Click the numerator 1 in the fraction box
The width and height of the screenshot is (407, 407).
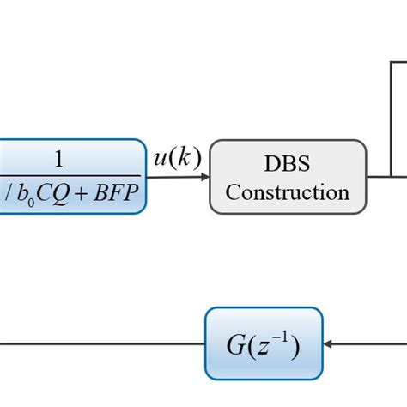(58, 159)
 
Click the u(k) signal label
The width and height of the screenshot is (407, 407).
(177, 158)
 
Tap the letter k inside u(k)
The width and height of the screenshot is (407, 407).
(186, 158)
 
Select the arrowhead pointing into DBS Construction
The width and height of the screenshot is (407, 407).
(203, 176)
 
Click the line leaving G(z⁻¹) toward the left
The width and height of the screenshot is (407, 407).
(103, 344)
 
